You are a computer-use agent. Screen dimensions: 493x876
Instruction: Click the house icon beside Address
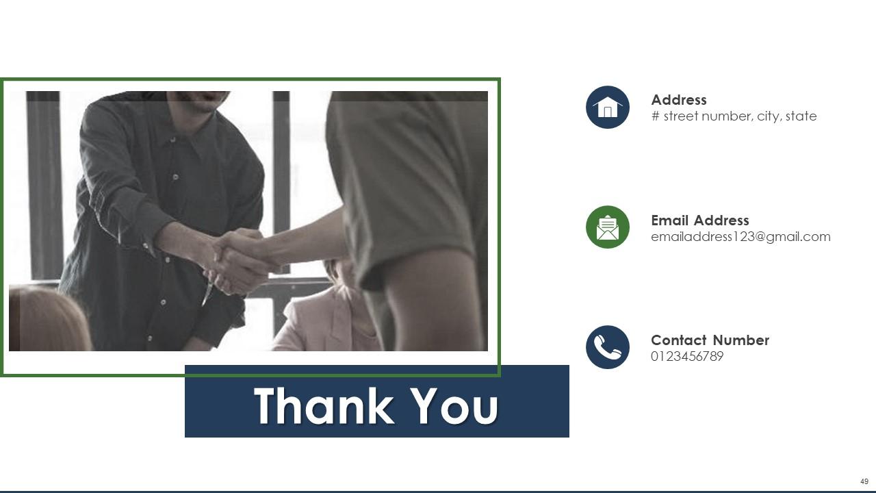(607, 108)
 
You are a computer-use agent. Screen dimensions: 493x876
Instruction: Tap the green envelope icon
(607, 227)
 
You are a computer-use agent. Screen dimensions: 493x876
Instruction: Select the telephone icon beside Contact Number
(607, 347)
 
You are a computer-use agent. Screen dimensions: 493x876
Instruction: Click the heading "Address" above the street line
(678, 100)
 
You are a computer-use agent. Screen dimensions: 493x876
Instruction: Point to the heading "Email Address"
(699, 220)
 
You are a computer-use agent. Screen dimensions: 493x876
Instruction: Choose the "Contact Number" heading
(710, 340)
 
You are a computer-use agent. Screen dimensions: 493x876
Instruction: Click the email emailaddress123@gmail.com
(740, 237)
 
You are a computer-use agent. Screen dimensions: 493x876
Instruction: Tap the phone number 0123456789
(686, 357)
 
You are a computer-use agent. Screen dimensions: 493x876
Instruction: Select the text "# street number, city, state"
(734, 116)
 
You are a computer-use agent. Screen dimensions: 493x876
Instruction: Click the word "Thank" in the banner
(324, 406)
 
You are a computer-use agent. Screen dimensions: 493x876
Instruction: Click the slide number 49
(864, 482)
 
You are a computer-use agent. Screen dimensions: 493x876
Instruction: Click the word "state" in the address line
(801, 116)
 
